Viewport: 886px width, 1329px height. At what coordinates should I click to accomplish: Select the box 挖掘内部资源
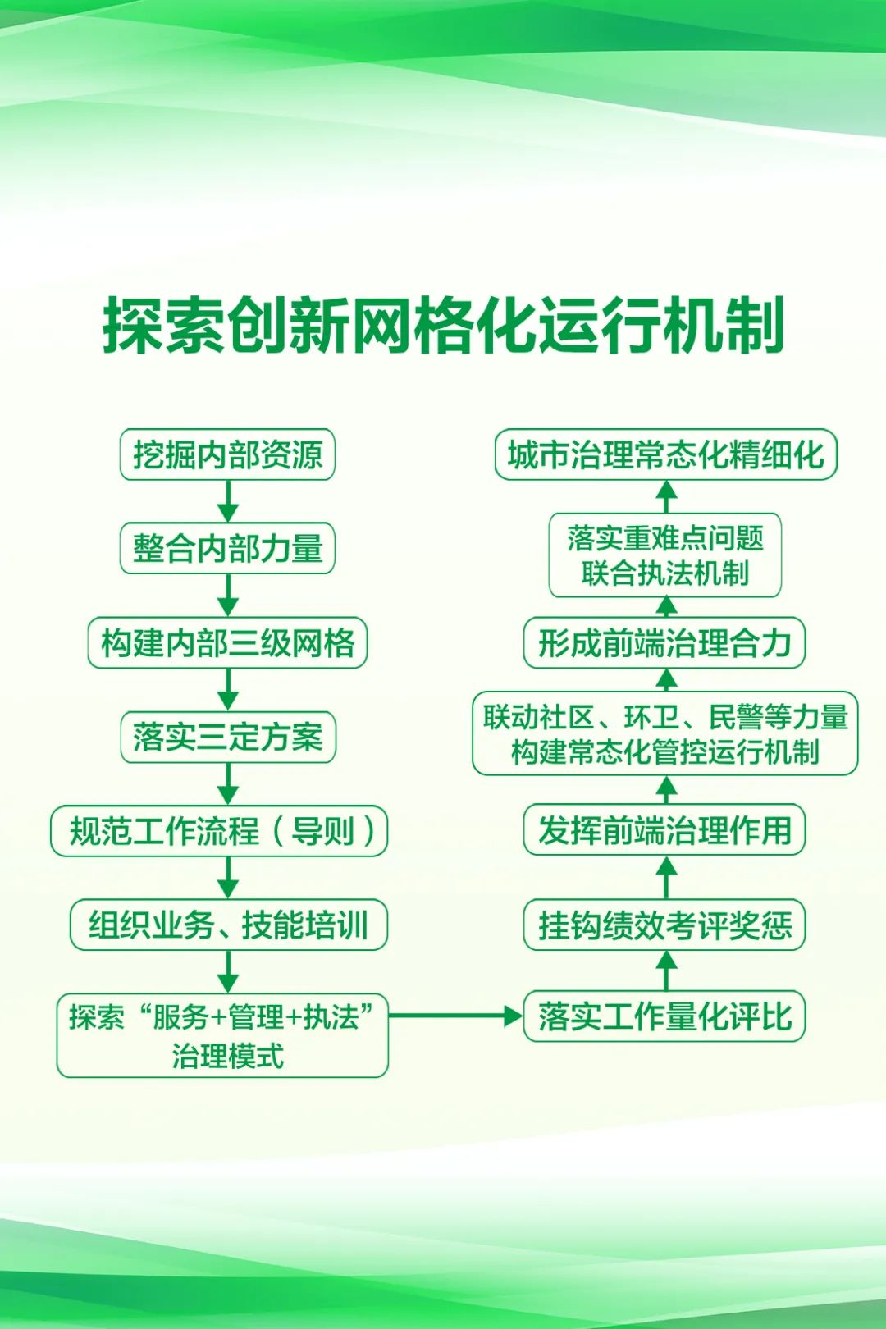[x=227, y=454]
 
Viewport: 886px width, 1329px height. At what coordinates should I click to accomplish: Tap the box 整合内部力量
[x=227, y=548]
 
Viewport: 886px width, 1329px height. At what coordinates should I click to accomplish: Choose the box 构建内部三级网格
[x=227, y=642]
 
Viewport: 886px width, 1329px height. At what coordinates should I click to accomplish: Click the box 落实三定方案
[x=228, y=737]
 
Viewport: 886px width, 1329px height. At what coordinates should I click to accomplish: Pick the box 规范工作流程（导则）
[x=219, y=830]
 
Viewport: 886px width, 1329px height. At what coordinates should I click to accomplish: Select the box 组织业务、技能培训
[x=228, y=925]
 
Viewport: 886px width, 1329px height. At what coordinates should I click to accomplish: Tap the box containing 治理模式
[x=222, y=1035]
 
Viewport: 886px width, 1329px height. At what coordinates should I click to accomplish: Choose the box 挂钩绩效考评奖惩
[x=664, y=925]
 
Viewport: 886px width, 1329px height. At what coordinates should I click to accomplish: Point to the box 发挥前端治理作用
[x=664, y=829]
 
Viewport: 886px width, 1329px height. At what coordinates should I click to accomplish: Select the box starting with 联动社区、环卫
[x=665, y=733]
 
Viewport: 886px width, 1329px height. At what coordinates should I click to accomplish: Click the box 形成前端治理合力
[x=664, y=642]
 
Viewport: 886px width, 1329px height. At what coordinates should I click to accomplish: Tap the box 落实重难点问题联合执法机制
[x=664, y=555]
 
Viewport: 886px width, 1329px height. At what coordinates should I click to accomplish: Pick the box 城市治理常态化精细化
[x=666, y=454]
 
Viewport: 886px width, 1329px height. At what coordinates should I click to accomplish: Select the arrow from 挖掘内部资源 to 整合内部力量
[x=228, y=501]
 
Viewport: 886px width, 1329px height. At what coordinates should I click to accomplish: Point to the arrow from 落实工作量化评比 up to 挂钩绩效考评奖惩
[x=666, y=970]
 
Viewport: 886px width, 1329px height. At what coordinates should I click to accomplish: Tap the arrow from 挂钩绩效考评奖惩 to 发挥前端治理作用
[x=666, y=878]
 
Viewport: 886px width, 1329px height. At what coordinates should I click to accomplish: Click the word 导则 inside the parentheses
[x=322, y=830]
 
